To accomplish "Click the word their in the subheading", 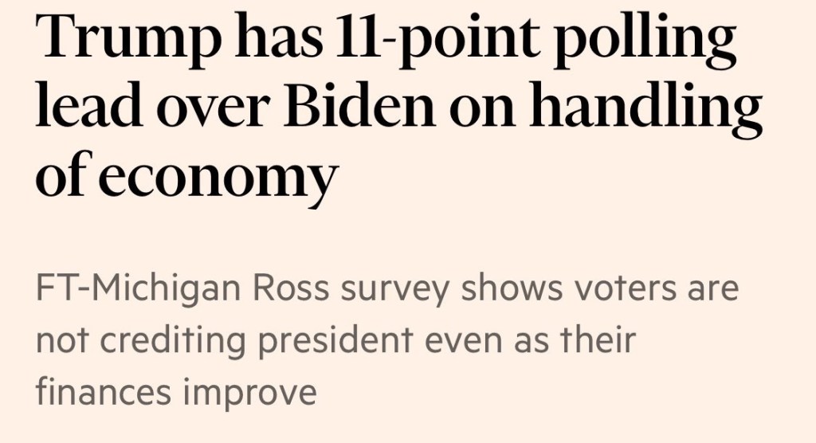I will pyautogui.click(x=598, y=340).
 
